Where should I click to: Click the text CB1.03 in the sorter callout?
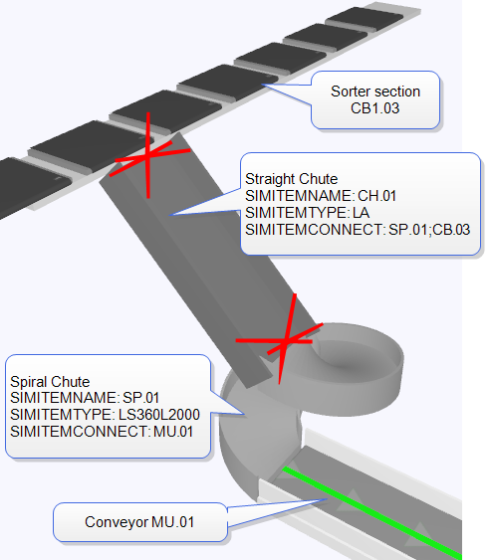pyautogui.click(x=374, y=108)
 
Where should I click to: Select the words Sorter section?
pyautogui.click(x=375, y=92)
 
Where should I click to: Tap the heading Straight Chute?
pyautogui.click(x=291, y=179)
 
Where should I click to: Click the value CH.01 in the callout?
pyautogui.click(x=376, y=196)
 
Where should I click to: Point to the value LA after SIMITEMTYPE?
pyautogui.click(x=361, y=213)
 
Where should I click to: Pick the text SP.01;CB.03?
pyautogui.click(x=429, y=230)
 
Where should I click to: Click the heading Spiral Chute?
pyautogui.click(x=50, y=381)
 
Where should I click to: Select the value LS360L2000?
pyautogui.click(x=158, y=415)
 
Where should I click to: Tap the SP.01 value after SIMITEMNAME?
pyautogui.click(x=140, y=398)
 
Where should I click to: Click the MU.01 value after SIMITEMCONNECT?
pyautogui.click(x=173, y=432)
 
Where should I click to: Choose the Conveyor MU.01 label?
pyautogui.click(x=139, y=522)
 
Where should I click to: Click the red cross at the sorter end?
pyautogui.click(x=147, y=155)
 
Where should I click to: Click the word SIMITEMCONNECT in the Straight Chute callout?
pyautogui.click(x=315, y=230)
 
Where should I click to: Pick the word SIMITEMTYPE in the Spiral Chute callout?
pyautogui.click(x=62, y=415)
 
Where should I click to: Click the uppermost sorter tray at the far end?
pyautogui.click(x=365, y=17)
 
